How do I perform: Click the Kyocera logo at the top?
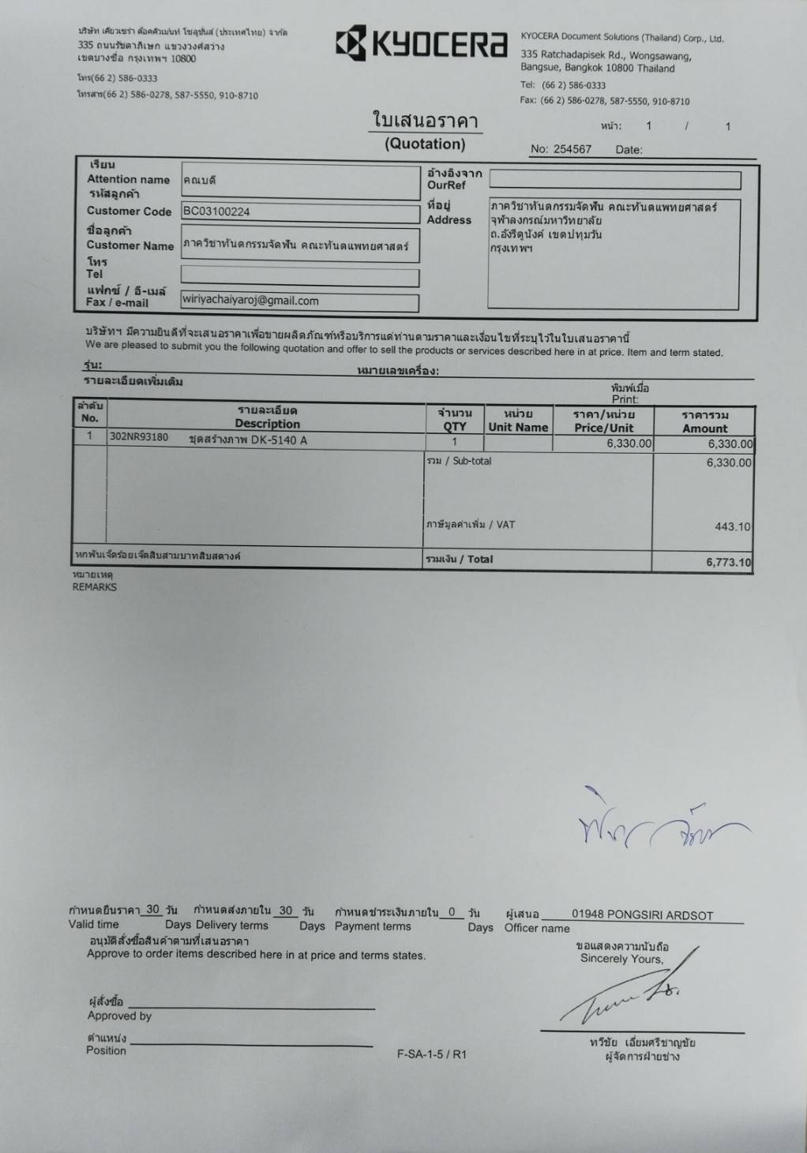421,43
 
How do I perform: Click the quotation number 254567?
572,149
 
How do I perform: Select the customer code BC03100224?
216,212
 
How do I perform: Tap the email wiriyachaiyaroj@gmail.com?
250,301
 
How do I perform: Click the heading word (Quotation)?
425,144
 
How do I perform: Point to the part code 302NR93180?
139,437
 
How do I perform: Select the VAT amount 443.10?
732,526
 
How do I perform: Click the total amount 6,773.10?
728,563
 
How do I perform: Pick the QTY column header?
455,426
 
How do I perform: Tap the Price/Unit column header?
603,428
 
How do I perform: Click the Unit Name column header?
518,427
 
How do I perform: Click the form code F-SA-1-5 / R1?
432,1054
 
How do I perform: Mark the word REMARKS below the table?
95,587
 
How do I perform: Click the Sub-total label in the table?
471,461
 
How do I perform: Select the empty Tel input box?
299,276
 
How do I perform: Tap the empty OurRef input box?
615,181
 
